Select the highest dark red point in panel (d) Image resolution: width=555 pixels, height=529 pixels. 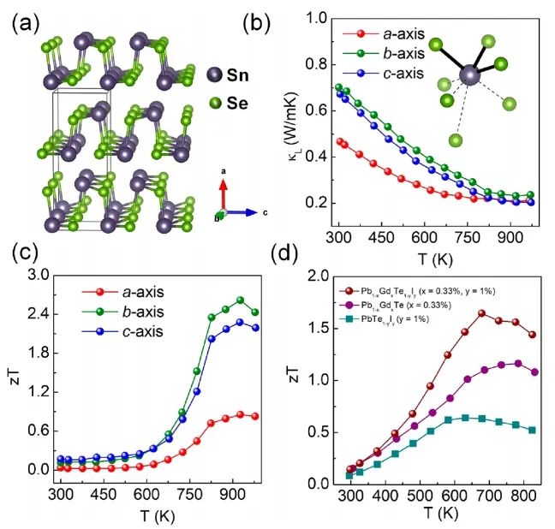481,313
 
